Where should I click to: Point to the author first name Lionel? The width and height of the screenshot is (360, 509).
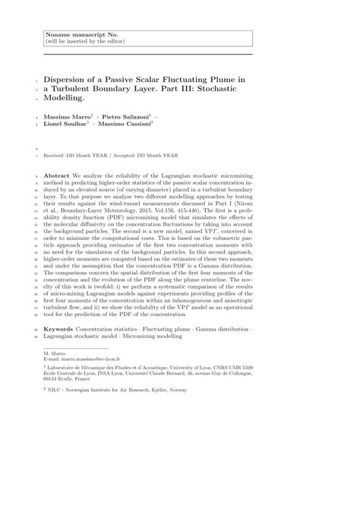pos(55,128)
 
